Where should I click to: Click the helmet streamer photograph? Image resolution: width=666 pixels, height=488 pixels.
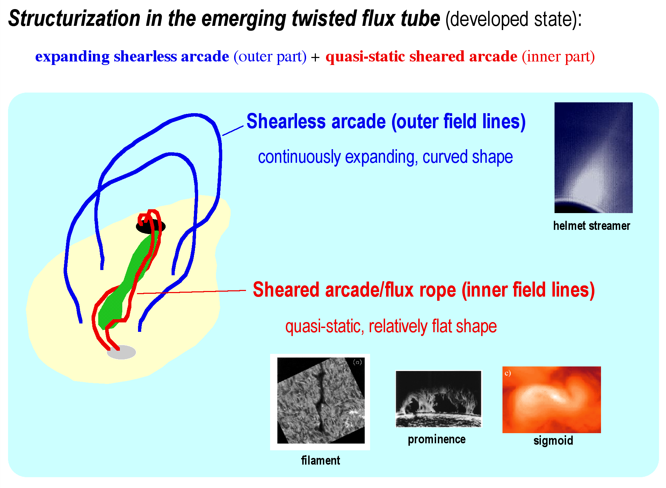click(x=593, y=158)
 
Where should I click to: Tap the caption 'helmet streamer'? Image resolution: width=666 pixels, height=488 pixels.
click(x=592, y=226)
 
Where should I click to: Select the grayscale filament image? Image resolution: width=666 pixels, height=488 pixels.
click(x=320, y=401)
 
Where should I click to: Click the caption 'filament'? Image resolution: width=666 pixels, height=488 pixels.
click(x=320, y=460)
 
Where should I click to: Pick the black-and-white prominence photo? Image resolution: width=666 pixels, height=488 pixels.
click(x=439, y=399)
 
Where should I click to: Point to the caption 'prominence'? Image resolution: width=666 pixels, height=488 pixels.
click(x=437, y=439)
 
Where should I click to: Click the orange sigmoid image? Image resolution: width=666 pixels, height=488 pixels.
click(x=551, y=400)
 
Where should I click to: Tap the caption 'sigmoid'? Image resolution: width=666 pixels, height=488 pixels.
click(x=553, y=441)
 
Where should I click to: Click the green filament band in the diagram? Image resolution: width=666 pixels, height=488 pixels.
click(x=126, y=279)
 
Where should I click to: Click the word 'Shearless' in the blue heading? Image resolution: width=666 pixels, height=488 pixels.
click(x=286, y=122)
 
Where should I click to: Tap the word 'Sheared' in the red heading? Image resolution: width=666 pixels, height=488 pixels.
click(x=286, y=290)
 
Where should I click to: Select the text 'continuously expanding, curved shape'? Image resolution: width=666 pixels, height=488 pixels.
click(x=385, y=157)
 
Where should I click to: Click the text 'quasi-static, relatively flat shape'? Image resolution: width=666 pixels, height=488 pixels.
click(x=391, y=327)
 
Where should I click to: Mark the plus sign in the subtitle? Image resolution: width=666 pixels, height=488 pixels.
click(x=315, y=57)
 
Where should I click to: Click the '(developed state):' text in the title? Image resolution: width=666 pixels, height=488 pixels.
click(x=514, y=19)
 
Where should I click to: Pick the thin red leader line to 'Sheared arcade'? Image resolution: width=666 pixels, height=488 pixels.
click(x=191, y=292)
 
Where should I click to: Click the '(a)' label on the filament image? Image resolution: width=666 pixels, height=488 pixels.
click(x=357, y=362)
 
